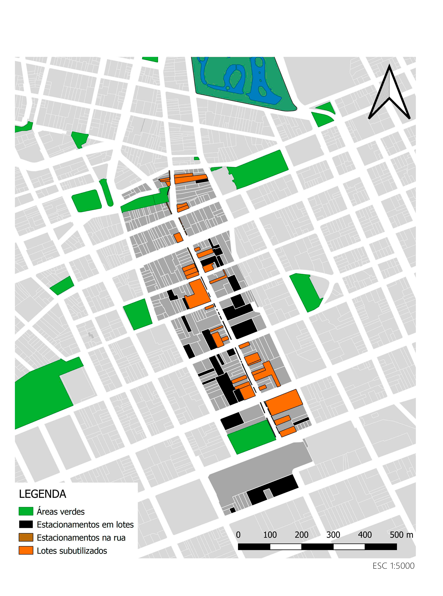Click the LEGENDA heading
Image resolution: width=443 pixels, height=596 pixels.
(42, 494)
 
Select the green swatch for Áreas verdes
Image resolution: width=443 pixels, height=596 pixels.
(26, 511)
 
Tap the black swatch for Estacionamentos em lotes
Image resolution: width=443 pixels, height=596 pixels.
(26, 524)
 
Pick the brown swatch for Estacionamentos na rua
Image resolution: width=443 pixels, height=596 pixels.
(26, 537)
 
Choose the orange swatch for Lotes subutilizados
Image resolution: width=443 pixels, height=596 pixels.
(26, 550)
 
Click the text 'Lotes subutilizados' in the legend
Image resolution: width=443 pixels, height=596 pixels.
(72, 551)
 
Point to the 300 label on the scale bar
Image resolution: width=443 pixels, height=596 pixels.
(333, 535)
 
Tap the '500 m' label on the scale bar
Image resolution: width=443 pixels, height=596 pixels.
(401, 535)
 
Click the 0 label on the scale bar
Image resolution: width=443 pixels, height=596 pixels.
(238, 535)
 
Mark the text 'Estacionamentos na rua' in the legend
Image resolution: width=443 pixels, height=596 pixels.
(81, 538)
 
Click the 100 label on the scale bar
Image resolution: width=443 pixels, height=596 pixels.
(270, 535)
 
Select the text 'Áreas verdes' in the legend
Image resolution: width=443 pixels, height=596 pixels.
(61, 512)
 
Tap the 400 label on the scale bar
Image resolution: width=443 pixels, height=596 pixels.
(365, 535)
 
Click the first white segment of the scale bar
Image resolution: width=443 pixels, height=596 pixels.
(286, 547)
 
